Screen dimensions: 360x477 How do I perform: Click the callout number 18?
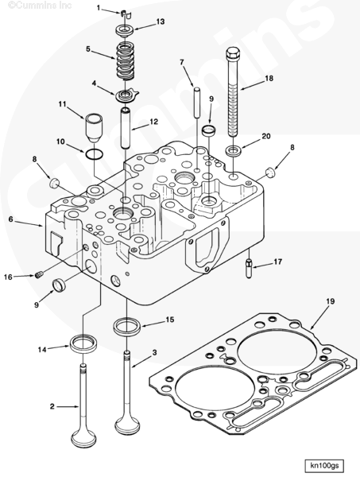point(269,79)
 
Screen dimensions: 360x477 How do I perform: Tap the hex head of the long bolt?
point(233,53)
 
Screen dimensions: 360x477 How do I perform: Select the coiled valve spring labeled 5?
point(126,61)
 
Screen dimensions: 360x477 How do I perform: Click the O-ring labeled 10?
point(94,155)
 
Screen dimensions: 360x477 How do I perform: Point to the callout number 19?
point(331,301)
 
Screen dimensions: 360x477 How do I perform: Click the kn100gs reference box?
point(324,465)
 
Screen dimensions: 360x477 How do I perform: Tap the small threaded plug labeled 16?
point(39,275)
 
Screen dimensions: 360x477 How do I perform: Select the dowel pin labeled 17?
point(249,268)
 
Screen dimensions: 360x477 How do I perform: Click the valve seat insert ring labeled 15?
point(127,325)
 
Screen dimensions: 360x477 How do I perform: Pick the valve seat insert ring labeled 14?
point(83,343)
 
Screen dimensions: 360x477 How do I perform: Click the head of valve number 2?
point(83,438)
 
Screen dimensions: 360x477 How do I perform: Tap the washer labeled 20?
point(234,150)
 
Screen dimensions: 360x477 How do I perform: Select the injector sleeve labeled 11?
point(94,128)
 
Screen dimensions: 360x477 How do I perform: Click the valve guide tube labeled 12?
point(126,128)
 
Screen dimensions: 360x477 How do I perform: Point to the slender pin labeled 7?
point(197,103)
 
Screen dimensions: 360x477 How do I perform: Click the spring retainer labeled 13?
point(125,31)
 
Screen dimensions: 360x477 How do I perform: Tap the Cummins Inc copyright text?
point(40,6)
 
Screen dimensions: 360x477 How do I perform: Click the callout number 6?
point(10,219)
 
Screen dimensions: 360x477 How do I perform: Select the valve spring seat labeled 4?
point(126,96)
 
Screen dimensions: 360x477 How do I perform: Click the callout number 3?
point(154,352)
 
